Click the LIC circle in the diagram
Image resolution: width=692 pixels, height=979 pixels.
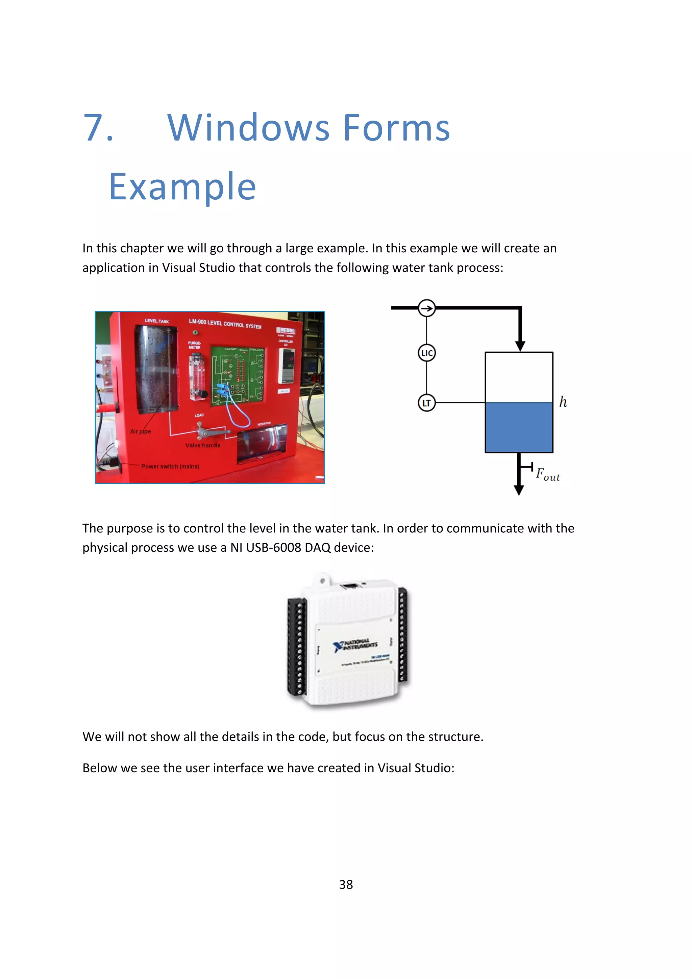pos(426,353)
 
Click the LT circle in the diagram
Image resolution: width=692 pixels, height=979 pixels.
pos(426,403)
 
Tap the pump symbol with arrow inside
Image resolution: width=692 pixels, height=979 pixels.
pos(426,308)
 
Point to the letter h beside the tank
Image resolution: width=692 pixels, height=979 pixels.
pos(563,402)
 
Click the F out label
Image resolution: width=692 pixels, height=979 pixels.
pos(547,474)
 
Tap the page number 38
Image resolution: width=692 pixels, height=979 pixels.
pos(346,884)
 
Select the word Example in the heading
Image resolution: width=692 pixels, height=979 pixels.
pos(182,186)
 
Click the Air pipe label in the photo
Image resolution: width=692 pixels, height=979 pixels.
pos(140,431)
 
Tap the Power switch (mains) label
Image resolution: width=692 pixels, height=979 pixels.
pos(170,467)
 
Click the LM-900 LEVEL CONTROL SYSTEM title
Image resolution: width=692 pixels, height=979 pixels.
pos(225,323)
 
